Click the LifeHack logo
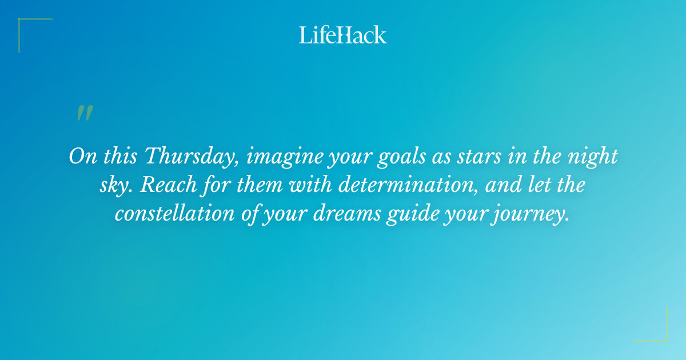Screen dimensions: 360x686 (x=343, y=35)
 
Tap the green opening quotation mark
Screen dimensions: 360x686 (x=85, y=113)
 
